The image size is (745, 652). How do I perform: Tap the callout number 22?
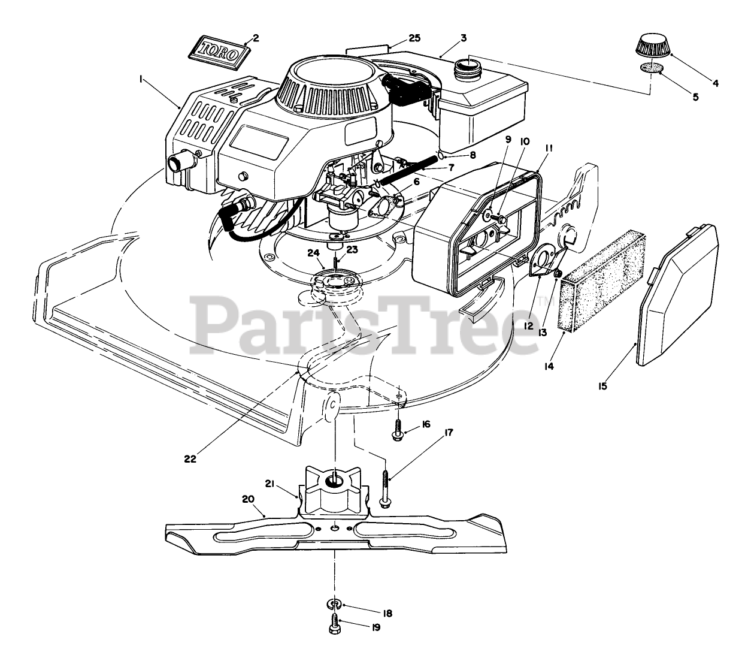point(190,460)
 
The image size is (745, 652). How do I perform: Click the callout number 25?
point(414,38)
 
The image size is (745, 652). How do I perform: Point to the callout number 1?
point(141,79)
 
